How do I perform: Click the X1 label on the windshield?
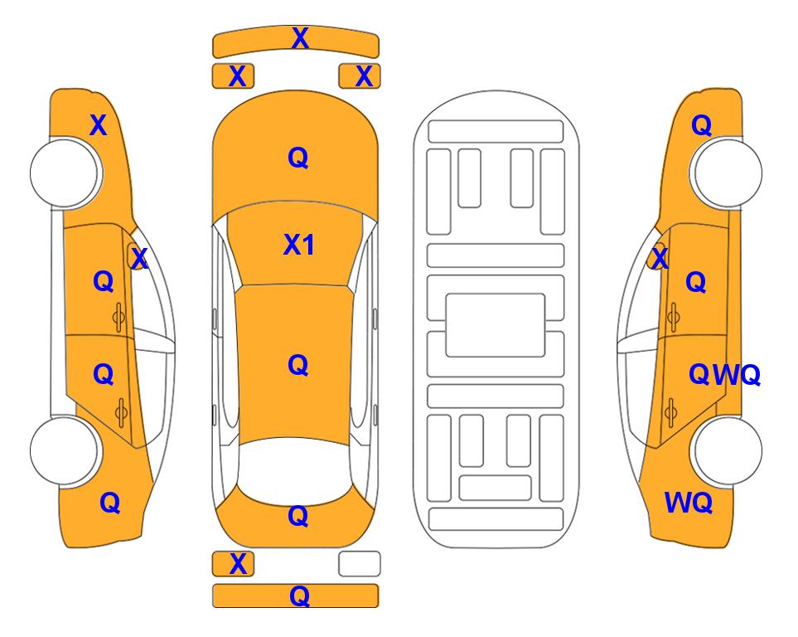[298, 245]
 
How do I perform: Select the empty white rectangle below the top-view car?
[360, 564]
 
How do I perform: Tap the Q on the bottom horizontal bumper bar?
[299, 596]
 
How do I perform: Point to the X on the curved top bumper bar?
[300, 38]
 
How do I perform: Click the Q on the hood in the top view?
[297, 158]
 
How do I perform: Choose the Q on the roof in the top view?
[297, 365]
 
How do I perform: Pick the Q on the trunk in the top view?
[297, 516]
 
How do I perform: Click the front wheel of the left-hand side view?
[65, 173]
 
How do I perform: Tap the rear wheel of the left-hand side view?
[65, 451]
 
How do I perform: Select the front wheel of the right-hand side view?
[726, 173]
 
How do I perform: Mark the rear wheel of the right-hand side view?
[726, 451]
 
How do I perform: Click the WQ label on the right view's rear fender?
[688, 503]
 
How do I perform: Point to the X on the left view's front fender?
[99, 125]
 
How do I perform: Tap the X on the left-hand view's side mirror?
[139, 259]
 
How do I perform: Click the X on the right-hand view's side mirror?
[660, 257]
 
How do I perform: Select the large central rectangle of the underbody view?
[496, 325]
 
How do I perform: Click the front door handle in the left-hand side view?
[118, 317]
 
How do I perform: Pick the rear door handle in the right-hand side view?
[671, 413]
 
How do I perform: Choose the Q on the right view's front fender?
[701, 125]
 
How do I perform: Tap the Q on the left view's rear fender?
[109, 503]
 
